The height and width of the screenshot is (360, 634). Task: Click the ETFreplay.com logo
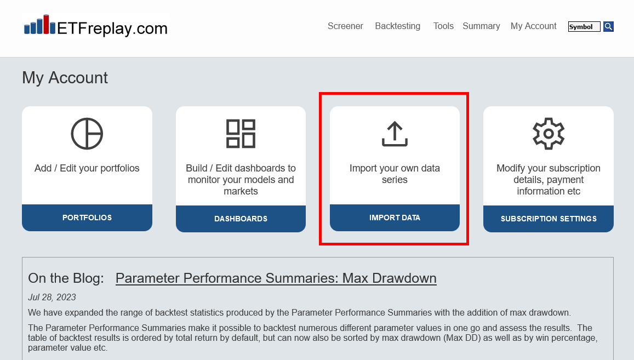[x=95, y=26]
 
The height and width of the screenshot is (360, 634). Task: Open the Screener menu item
[x=345, y=26]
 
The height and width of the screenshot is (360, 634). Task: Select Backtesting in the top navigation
[x=397, y=26]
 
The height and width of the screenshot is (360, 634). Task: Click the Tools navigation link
[x=443, y=26]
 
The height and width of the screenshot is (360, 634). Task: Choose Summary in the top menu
[x=481, y=26]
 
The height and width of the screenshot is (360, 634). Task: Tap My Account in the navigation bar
[x=533, y=26]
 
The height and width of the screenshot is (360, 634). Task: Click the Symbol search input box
[x=584, y=27]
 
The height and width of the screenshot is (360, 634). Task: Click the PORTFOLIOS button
[x=87, y=218]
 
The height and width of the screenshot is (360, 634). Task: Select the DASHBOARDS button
[x=241, y=219]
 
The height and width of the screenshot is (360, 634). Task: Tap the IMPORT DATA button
[x=395, y=218]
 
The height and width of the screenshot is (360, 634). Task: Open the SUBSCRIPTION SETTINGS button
[x=549, y=219]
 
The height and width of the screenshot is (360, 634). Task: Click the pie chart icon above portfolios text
[x=87, y=134]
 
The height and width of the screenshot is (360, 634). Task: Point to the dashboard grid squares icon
[x=241, y=134]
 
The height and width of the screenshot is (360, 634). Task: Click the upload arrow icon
[x=395, y=134]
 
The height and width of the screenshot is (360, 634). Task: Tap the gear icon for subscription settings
[x=549, y=134]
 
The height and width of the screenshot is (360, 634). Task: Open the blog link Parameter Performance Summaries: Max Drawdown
[x=276, y=278]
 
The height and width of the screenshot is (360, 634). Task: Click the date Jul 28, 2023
[x=52, y=298]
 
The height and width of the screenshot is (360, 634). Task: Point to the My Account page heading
[x=65, y=78]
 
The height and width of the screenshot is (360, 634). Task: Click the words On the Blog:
[x=66, y=278]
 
